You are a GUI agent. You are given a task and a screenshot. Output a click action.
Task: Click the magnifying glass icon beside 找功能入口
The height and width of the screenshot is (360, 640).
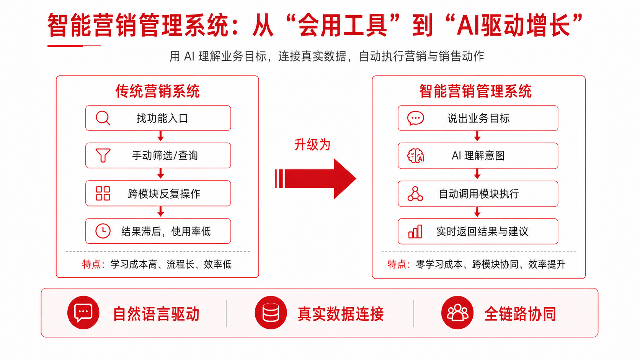[103, 118]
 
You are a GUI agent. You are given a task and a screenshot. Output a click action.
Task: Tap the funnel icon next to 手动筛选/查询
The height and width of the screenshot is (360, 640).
[103, 155]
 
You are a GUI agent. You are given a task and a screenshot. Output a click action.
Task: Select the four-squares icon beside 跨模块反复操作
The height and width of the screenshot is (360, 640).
[103, 194]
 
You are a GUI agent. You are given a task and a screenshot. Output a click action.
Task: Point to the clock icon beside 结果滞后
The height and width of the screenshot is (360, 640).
[103, 231]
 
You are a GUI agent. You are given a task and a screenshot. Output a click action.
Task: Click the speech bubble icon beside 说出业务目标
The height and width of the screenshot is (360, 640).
[415, 118]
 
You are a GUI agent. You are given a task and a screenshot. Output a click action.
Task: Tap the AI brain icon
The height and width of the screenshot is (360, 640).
[415, 156]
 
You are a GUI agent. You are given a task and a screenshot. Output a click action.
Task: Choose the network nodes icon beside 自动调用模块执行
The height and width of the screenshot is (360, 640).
[415, 194]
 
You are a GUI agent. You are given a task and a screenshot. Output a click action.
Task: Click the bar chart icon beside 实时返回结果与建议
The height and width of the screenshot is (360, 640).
[415, 231]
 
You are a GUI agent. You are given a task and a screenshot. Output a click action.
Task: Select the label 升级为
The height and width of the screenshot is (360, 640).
[312, 145]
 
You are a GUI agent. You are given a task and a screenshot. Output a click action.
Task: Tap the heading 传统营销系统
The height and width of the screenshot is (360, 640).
[157, 91]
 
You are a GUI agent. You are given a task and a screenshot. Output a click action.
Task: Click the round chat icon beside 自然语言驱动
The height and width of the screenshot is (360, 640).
[83, 313]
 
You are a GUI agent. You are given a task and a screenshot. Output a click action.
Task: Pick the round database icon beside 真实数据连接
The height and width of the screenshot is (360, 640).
[271, 313]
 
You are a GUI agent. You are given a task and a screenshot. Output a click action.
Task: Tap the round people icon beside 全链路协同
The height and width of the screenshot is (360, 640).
[457, 313]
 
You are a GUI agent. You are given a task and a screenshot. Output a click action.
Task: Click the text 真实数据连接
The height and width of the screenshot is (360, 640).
[341, 314]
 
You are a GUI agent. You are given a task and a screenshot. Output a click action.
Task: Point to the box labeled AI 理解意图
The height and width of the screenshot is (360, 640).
[478, 156]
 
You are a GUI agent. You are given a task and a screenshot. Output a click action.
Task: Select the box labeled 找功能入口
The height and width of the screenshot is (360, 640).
[158, 118]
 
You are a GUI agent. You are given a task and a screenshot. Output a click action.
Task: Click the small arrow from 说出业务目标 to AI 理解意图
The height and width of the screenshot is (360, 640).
[477, 136]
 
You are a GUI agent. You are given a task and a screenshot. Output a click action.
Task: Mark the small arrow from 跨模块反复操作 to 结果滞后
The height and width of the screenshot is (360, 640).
[161, 212]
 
